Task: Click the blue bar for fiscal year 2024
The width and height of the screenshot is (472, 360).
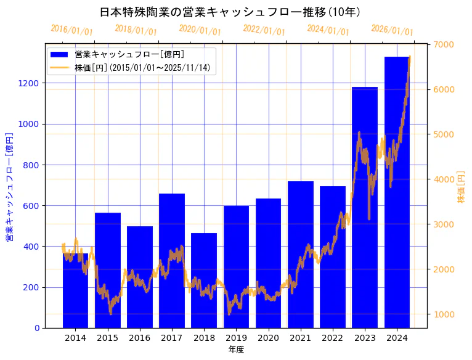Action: pyautogui.click(x=397, y=192)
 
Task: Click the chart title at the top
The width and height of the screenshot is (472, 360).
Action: pyautogui.click(x=230, y=12)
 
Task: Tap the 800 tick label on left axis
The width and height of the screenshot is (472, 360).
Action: pyautogui.click(x=32, y=165)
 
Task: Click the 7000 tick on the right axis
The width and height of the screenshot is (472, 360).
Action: pyautogui.click(x=444, y=44)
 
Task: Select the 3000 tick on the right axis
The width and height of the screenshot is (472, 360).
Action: pyautogui.click(x=444, y=224)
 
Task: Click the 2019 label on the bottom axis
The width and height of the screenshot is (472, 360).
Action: pyautogui.click(x=236, y=338)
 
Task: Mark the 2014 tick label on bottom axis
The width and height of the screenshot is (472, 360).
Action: pyautogui.click(x=75, y=338)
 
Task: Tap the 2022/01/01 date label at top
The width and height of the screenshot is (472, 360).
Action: pyautogui.click(x=264, y=30)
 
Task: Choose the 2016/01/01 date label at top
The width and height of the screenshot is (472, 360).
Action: pyautogui.click(x=71, y=30)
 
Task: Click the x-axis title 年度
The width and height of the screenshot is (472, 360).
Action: pyautogui.click(x=236, y=350)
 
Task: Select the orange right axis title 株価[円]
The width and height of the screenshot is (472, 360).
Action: pyautogui.click(x=461, y=187)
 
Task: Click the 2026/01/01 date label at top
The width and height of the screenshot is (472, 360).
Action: pyautogui.click(x=392, y=30)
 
